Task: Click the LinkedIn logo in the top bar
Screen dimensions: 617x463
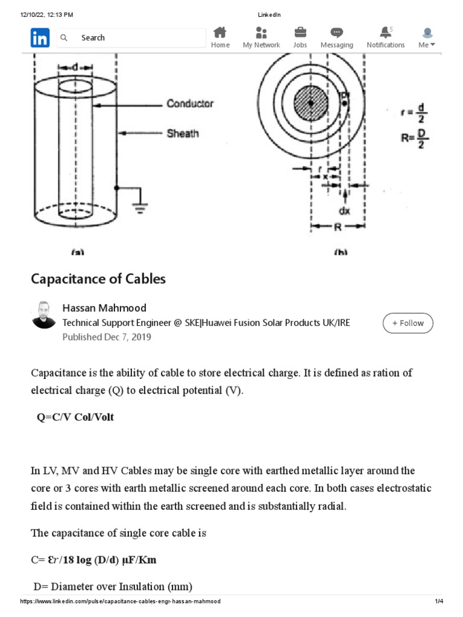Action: pos(40,38)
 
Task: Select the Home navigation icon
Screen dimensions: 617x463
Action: pos(220,33)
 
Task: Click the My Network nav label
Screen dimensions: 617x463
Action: pos(261,45)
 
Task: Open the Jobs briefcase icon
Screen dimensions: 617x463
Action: pos(300,33)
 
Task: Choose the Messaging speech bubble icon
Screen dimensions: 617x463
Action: pos(336,33)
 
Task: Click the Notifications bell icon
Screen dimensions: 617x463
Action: pos(385,33)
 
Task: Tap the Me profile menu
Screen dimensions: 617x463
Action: pos(427,37)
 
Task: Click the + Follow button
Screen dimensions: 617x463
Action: pos(408,323)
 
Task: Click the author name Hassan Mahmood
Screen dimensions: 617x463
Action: pos(104,308)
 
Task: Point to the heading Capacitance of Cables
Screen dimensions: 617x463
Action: pos(98,279)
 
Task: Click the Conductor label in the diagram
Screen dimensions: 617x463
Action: pos(190,104)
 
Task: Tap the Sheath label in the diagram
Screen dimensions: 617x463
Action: pos(183,133)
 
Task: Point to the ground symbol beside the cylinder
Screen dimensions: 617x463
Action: pos(140,208)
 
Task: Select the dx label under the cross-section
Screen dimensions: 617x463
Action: pos(344,211)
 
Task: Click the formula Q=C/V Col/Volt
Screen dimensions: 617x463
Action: pos(75,417)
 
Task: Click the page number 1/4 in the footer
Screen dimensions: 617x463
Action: pos(439,601)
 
